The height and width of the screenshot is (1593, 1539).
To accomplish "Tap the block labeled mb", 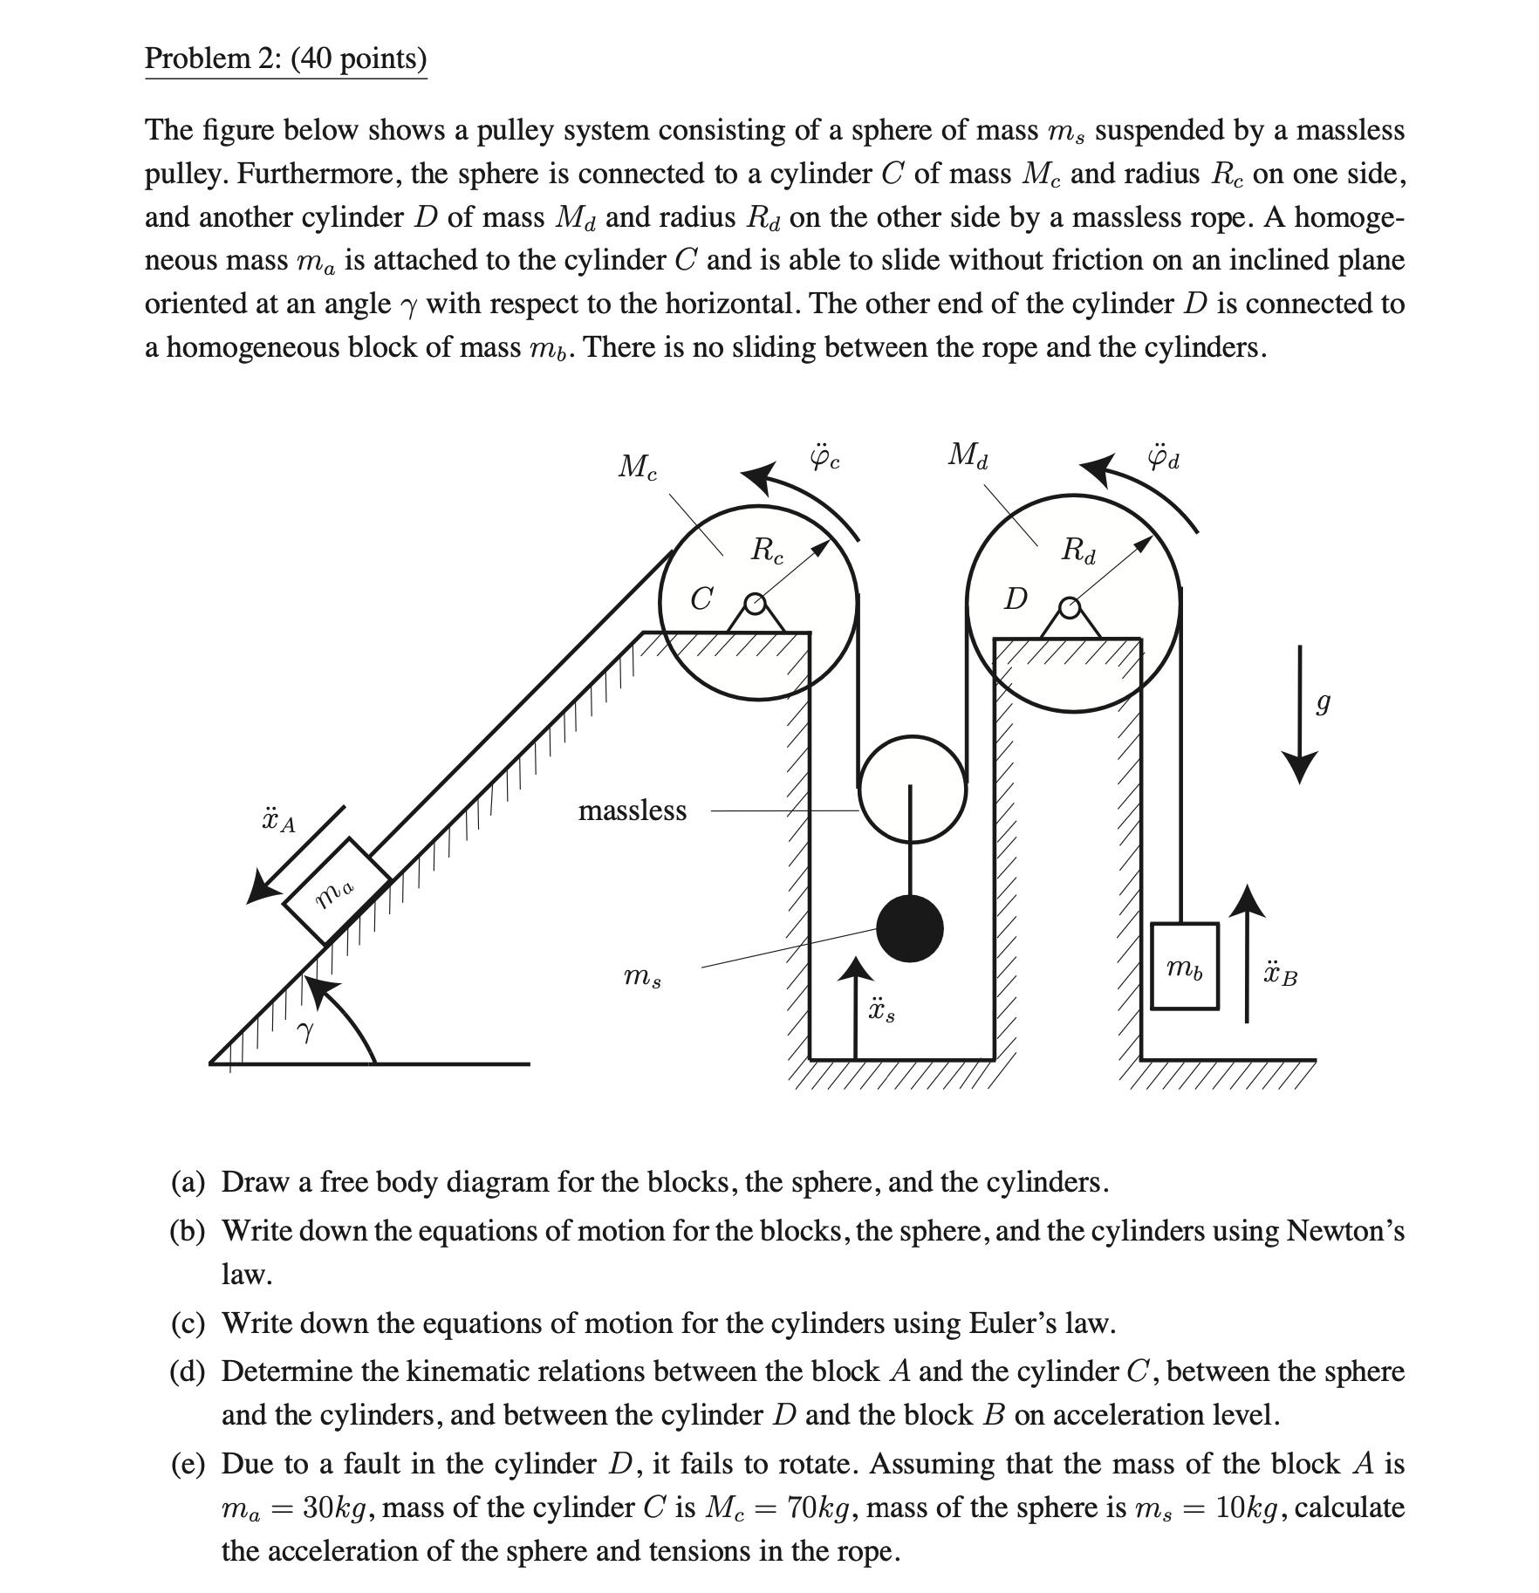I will click(x=1184, y=966).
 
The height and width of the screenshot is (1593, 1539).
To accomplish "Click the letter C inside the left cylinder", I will click(x=701, y=599).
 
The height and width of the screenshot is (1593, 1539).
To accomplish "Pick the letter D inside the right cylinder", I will click(x=1016, y=599).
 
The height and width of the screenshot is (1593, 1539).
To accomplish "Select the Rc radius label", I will click(x=768, y=550).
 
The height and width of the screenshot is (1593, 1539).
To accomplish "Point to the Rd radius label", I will click(x=1078, y=550).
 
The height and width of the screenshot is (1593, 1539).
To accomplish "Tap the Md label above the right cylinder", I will click(x=968, y=455).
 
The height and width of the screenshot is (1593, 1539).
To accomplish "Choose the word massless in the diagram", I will click(x=633, y=810).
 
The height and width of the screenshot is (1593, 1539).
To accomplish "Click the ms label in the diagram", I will click(x=642, y=977).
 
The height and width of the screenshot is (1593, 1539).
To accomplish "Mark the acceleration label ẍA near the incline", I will click(x=278, y=820).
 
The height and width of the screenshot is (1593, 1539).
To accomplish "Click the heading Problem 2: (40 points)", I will click(x=286, y=58).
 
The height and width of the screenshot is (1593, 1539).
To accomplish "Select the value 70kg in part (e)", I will click(x=821, y=1507).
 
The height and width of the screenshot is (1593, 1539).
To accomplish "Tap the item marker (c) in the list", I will click(x=188, y=1323).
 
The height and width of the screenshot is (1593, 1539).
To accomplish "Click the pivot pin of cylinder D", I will click(x=1070, y=605).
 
